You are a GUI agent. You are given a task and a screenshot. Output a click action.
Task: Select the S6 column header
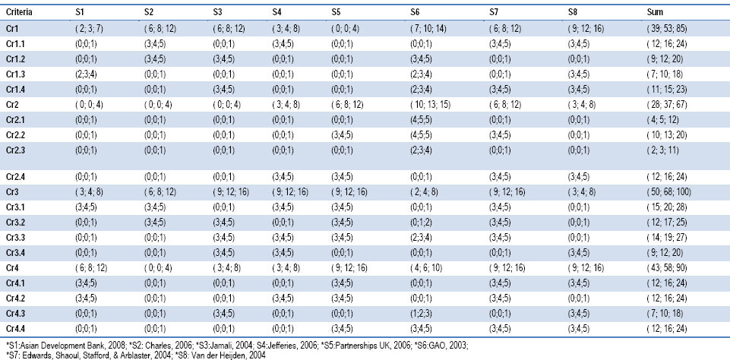coord(412,11)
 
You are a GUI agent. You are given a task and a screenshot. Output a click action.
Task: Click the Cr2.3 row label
coord(15,150)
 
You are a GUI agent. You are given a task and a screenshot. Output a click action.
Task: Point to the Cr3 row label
coord(11,192)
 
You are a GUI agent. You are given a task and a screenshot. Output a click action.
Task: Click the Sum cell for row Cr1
coord(667,29)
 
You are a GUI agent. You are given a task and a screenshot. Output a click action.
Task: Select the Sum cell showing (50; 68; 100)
coord(668,192)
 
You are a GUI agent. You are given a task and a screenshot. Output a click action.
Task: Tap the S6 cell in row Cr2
coord(428,105)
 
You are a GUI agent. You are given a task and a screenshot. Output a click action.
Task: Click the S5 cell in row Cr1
coord(345,29)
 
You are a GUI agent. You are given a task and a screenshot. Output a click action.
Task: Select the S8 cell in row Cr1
coord(586,29)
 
